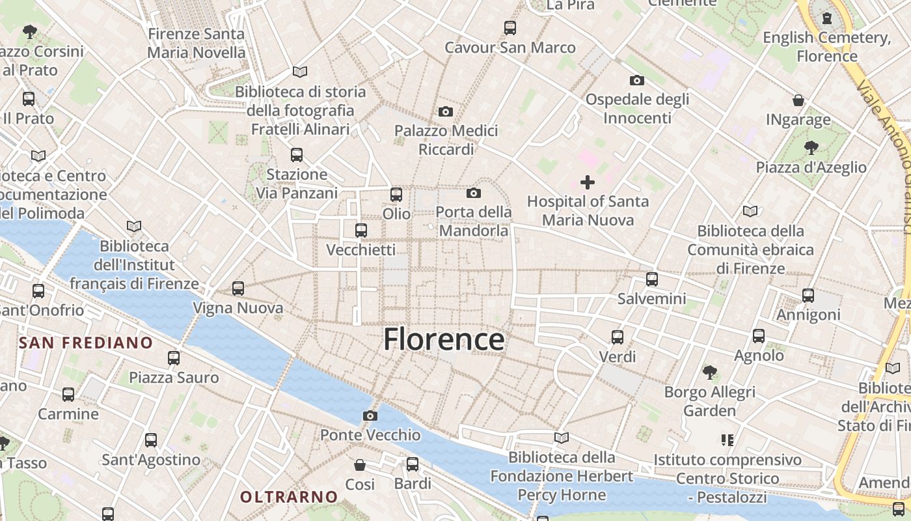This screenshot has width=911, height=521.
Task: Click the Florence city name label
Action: coord(444,339)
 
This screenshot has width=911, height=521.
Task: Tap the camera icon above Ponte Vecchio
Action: coord(370,415)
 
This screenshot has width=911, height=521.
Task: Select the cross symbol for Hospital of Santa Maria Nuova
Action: coord(588,182)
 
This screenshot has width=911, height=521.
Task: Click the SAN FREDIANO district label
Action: coord(86,343)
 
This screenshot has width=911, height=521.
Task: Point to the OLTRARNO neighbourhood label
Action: coord(289,497)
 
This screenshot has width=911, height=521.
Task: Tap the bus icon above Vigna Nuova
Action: coord(238,288)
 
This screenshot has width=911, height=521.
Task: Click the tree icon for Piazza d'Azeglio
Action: coord(811,148)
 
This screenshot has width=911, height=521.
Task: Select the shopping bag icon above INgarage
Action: coord(798,100)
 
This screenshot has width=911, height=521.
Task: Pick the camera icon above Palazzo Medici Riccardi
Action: coord(446,111)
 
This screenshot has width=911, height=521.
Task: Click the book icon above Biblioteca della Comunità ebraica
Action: coord(750,211)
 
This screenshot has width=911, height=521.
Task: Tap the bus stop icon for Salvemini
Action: coord(652,279)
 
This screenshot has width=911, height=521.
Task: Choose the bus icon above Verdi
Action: coord(618,337)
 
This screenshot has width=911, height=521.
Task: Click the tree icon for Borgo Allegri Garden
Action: coord(710,373)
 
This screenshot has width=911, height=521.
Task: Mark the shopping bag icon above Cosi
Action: coord(360,465)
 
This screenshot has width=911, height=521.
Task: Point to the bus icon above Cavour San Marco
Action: coord(510,28)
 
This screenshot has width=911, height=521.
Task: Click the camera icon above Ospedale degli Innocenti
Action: coord(637,80)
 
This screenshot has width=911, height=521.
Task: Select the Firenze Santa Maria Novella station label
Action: coord(197,43)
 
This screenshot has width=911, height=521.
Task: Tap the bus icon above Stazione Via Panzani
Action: coord(297,155)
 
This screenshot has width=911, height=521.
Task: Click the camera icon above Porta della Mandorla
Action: coord(474,193)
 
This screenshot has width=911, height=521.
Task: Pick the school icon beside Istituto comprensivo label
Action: coord(727,440)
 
